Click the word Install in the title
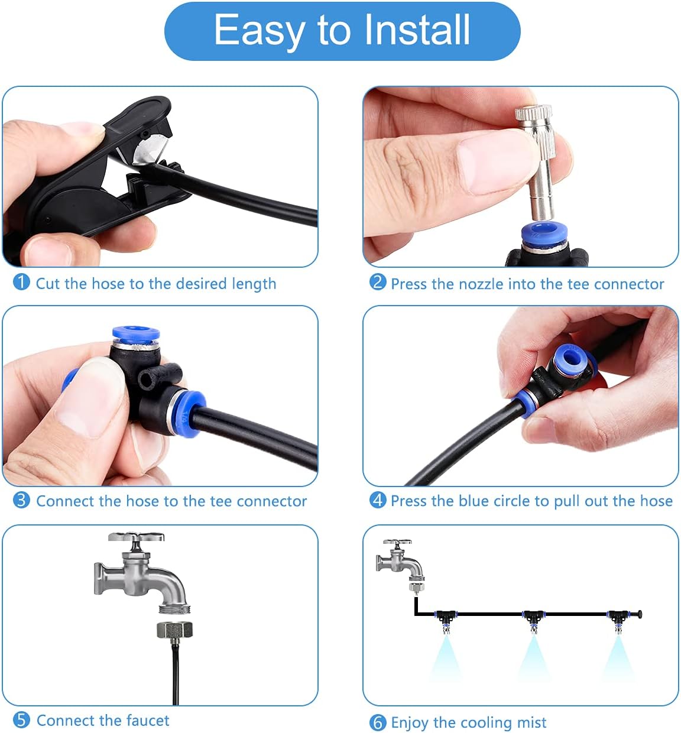coord(417,30)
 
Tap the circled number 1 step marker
coord(21,283)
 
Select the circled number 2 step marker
coord(378,283)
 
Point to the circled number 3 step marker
coord(21,500)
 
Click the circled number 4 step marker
coord(378,500)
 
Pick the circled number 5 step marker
coord(21,720)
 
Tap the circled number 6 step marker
coord(378,722)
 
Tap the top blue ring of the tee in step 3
coord(136,333)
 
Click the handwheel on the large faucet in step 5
coord(136,537)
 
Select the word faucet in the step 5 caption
coord(148,720)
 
